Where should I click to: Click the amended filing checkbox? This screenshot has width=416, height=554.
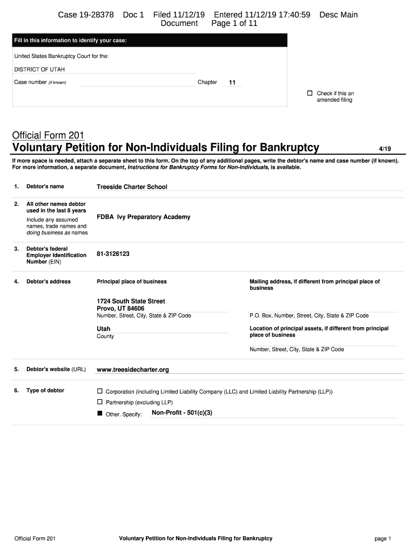(310, 93)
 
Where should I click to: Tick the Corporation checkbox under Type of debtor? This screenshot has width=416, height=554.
(99, 391)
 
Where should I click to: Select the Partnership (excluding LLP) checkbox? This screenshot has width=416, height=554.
(99, 402)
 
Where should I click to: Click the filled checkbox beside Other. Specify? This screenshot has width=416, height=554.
(99, 414)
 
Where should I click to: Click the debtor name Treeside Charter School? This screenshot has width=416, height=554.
(132, 187)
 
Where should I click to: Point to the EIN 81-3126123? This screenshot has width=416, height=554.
(113, 253)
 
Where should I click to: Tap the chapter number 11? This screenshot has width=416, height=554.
(232, 83)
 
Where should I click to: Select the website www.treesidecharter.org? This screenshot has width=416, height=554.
(133, 370)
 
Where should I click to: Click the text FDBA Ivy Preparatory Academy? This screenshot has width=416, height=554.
(143, 217)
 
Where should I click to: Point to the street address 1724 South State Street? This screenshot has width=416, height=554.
(131, 301)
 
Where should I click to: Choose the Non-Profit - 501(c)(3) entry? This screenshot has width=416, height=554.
(182, 413)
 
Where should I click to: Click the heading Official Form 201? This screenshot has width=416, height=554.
(48, 135)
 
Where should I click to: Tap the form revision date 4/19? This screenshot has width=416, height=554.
(386, 149)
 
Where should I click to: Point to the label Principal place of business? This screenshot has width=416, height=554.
(132, 281)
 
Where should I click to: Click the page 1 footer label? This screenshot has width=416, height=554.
(383, 539)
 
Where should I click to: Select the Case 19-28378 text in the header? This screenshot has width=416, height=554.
(86, 15)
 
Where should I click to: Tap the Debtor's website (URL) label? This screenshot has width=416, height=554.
(56, 369)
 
